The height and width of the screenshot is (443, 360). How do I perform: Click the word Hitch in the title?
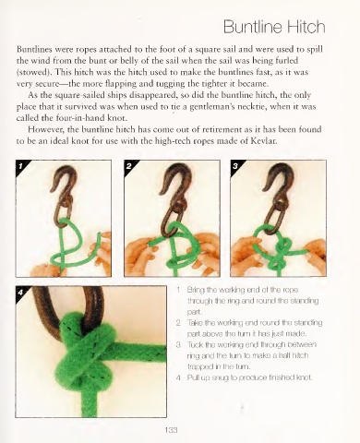(306, 27)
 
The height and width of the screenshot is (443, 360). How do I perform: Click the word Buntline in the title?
(254, 27)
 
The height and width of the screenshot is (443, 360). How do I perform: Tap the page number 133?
(171, 430)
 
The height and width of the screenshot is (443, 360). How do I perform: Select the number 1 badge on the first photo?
(20, 166)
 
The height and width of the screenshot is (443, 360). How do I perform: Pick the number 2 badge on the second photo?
(129, 166)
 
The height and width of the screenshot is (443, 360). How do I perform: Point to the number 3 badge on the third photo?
(235, 166)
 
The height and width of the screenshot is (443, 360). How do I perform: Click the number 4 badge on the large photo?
(20, 293)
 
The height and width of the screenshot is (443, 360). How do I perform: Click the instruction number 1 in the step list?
(178, 290)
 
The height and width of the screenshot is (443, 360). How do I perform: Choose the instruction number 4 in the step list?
(178, 377)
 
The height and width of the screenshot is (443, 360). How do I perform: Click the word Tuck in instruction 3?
(193, 344)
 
